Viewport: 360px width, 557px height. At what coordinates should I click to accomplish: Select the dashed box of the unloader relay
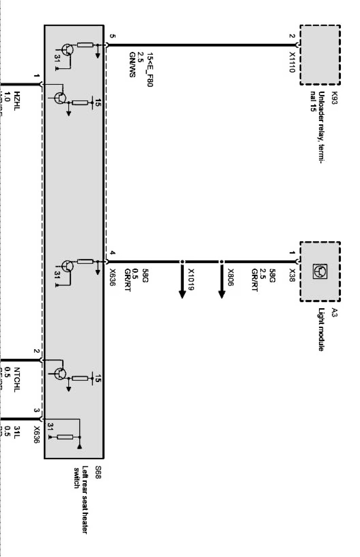(320, 55)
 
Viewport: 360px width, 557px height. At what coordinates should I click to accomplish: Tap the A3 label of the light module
(334, 312)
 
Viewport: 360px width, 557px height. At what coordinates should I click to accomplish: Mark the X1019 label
(191, 280)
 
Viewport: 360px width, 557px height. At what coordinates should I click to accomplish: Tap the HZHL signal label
(17, 101)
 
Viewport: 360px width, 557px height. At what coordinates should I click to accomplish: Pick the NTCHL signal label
(17, 379)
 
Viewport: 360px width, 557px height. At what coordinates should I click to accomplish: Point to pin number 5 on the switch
(112, 36)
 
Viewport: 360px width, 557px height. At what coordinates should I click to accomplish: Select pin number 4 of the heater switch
(112, 253)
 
